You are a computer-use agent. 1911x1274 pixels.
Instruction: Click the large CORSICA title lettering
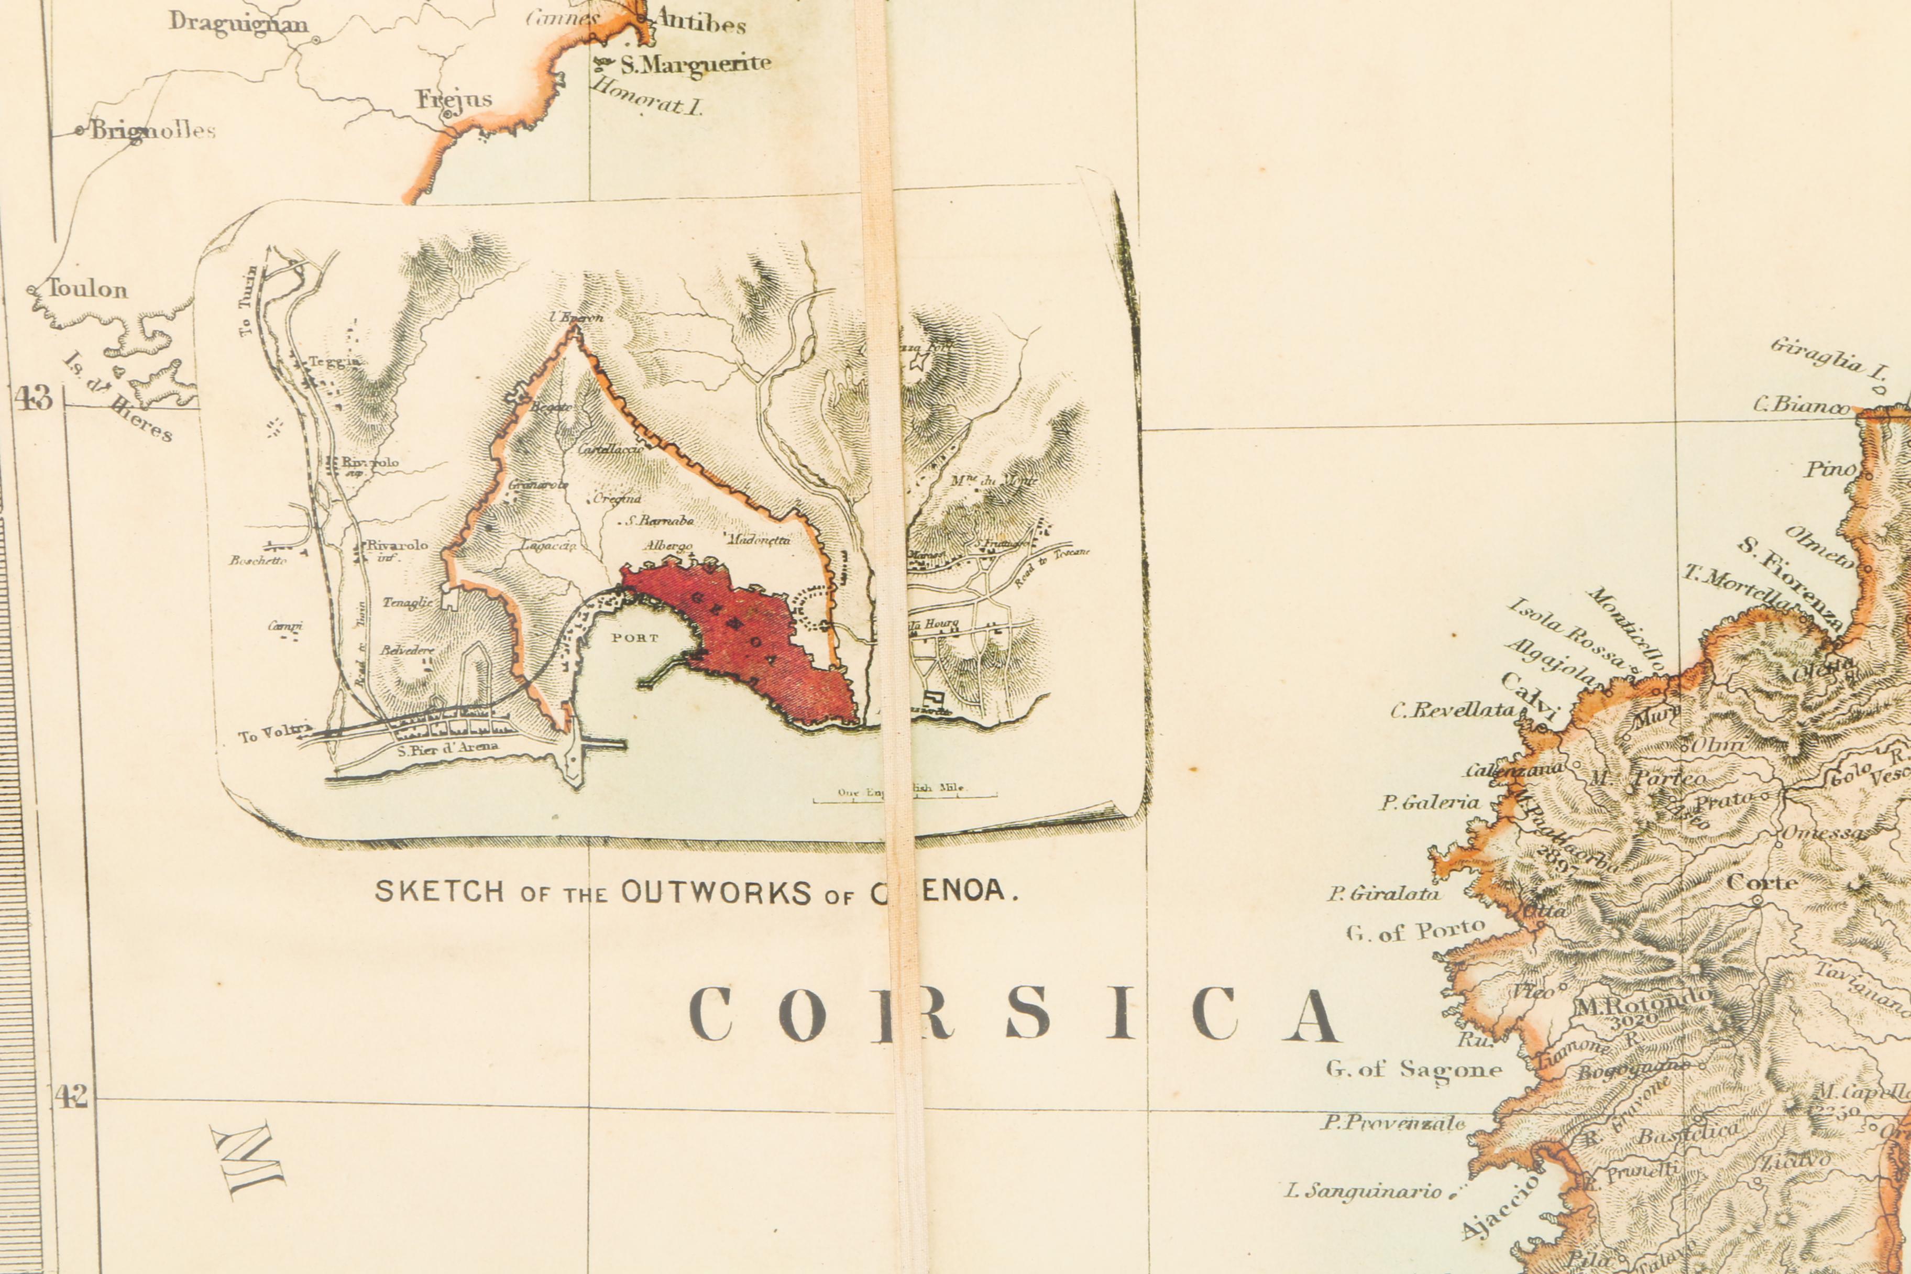1012,1015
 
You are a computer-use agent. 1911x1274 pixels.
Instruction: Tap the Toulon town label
87,289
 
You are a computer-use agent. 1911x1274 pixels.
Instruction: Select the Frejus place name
454,99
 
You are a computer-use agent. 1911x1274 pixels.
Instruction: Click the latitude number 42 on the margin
71,1097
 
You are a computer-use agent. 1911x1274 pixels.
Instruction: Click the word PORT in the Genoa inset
634,638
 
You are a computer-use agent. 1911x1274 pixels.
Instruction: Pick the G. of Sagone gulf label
1413,1069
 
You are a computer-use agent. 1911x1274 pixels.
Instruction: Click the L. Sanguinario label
1363,1191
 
